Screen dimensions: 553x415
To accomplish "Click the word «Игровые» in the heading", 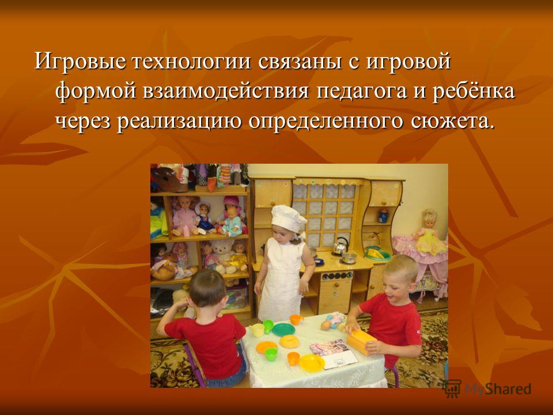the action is coord(79,62).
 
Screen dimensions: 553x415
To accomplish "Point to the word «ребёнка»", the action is coord(474,91).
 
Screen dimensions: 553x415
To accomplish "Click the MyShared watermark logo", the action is coord(487,389).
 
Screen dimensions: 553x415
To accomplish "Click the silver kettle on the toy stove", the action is coord(340,246).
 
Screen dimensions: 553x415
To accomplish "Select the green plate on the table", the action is coord(283,330).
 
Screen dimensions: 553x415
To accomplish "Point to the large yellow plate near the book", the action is coord(312,363).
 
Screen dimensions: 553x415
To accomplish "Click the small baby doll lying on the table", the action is coord(334,320).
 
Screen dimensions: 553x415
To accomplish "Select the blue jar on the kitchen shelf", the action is coord(384,216).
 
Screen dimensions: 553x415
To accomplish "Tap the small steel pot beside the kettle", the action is coord(349,258).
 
